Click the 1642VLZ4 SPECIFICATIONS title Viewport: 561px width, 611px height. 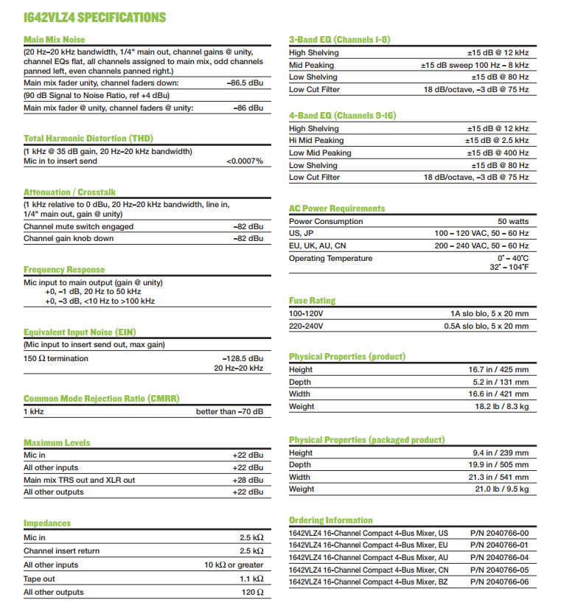[x=94, y=17]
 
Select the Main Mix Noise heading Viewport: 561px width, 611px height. [x=55, y=40]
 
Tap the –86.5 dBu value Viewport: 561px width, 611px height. [x=245, y=83]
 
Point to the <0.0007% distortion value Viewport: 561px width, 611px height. [x=245, y=161]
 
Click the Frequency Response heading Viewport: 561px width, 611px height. [x=64, y=270]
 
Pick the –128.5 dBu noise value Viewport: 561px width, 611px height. [x=241, y=358]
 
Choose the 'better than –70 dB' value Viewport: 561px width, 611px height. [x=229, y=411]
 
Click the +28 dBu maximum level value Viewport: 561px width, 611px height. [x=248, y=480]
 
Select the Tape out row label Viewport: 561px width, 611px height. [x=41, y=579]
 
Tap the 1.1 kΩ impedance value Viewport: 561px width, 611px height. [x=251, y=579]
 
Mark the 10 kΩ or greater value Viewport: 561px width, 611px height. [x=234, y=565]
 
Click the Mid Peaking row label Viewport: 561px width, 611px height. [x=311, y=65]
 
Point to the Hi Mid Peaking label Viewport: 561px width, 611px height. [x=316, y=140]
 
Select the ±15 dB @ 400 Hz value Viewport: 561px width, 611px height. [x=497, y=153]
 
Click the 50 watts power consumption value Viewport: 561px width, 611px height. [x=513, y=221]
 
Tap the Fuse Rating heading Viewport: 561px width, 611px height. [x=312, y=301]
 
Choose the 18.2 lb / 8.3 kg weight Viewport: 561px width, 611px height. [x=501, y=406]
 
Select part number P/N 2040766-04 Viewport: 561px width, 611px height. [x=499, y=557]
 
